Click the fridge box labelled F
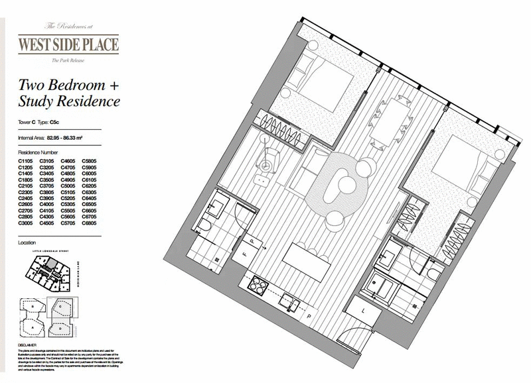(x=244, y=252)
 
